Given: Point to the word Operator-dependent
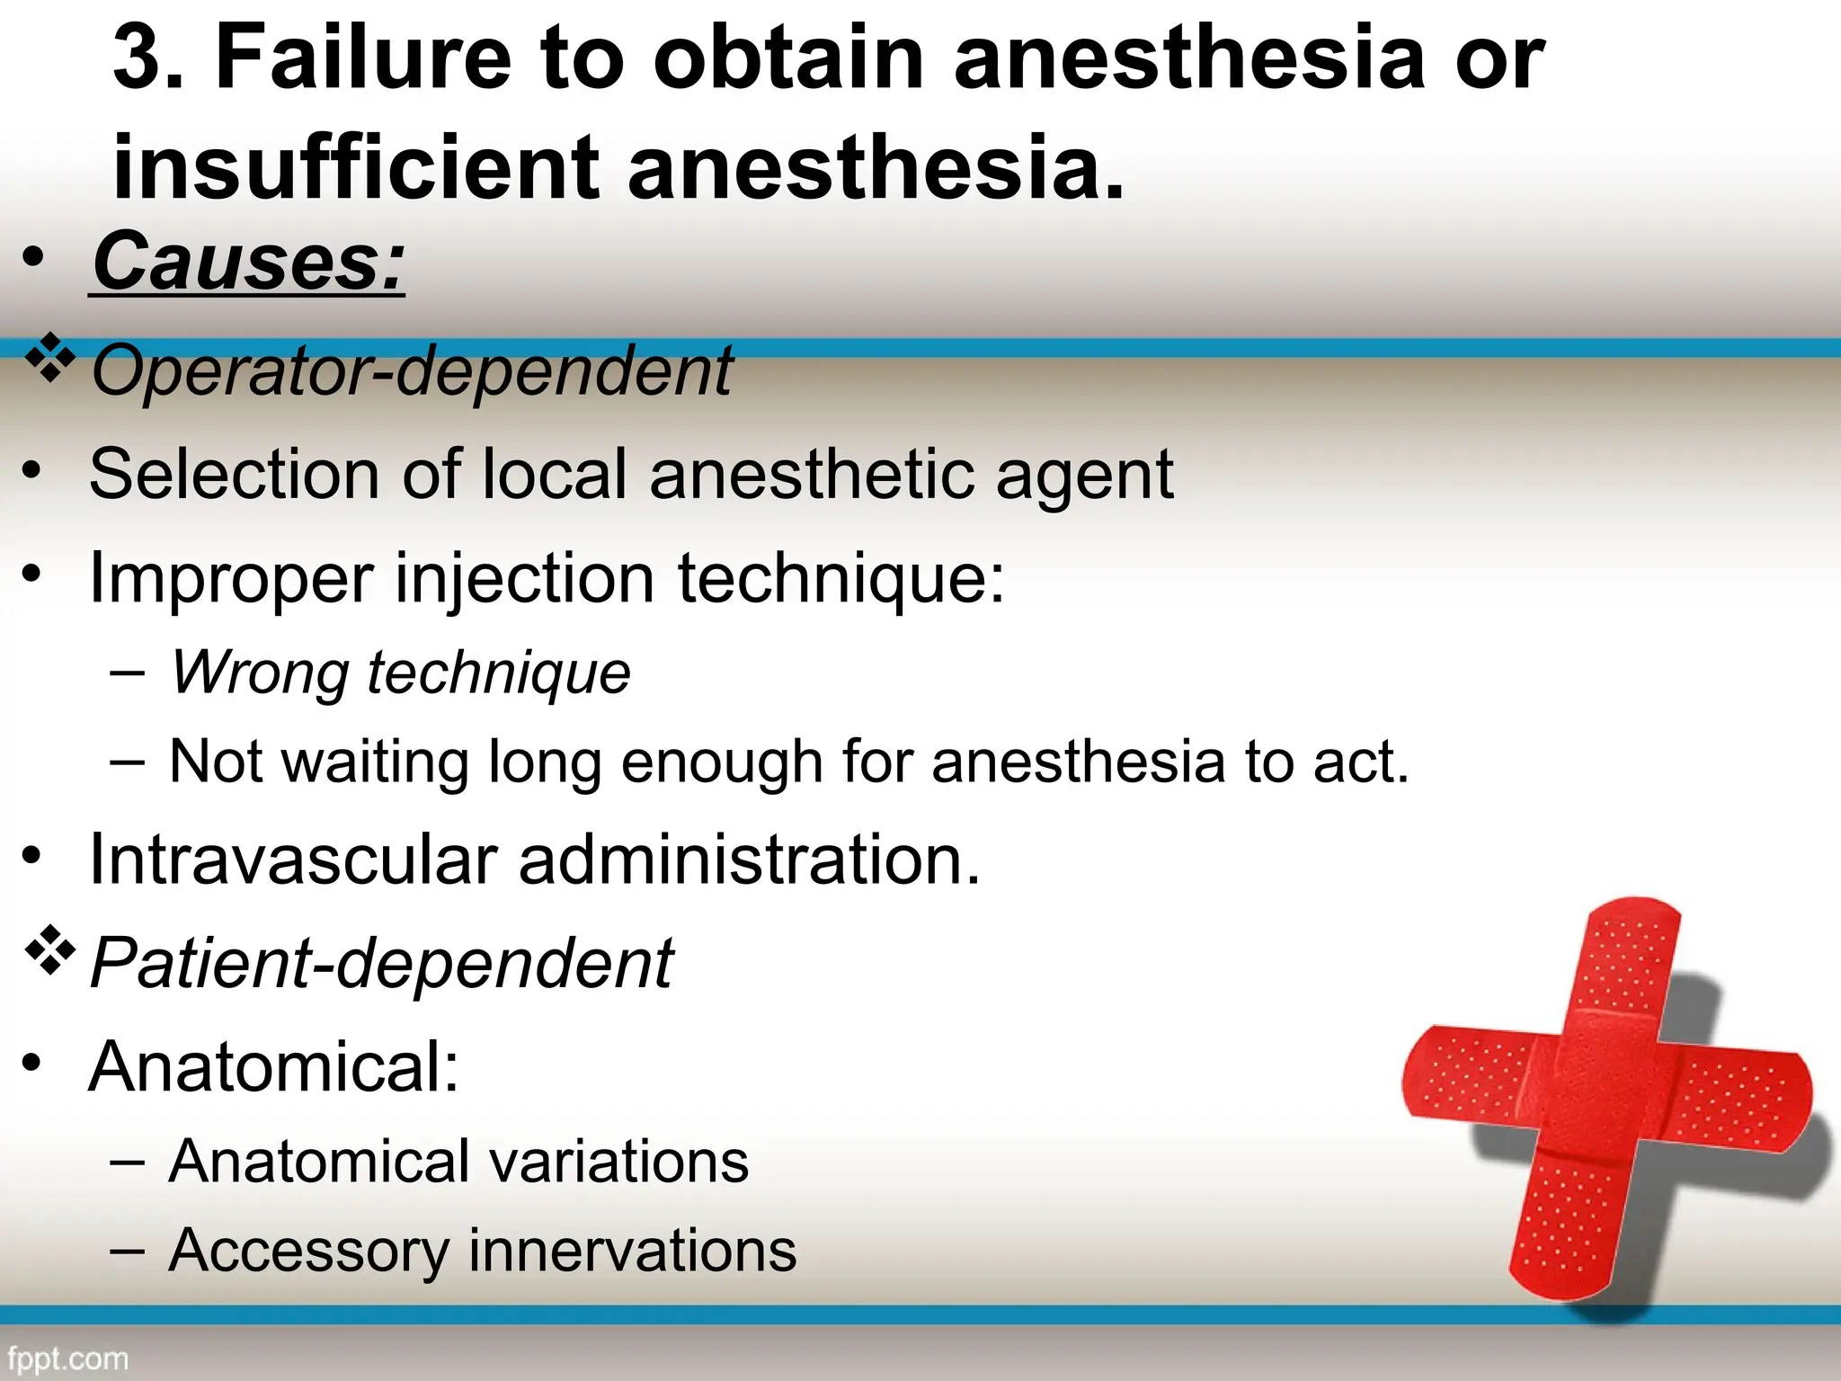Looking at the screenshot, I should coord(412,370).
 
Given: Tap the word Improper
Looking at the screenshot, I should coord(231,579).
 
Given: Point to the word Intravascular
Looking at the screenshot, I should coord(293,860).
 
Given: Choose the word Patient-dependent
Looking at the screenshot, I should coord(381,963).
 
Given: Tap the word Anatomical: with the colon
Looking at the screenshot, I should coord(274,1067).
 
